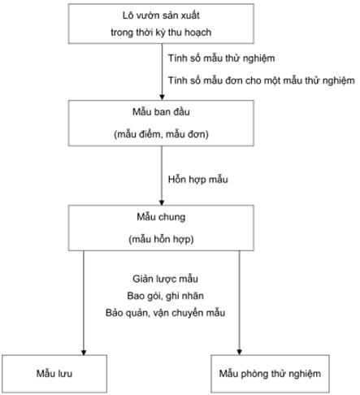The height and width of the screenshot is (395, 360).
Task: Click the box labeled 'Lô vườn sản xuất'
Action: pyautogui.click(x=161, y=24)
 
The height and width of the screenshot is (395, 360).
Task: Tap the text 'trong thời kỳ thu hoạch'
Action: pyautogui.click(x=161, y=33)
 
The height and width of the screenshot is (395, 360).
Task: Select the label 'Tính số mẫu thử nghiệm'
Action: pyautogui.click(x=221, y=59)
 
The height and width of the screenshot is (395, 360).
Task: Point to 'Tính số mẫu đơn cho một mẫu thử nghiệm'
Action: pyautogui.click(x=261, y=80)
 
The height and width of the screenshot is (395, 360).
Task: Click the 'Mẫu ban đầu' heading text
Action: pyautogui.click(x=161, y=111)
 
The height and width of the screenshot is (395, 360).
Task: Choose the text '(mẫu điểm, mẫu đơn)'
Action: pyautogui.click(x=161, y=134)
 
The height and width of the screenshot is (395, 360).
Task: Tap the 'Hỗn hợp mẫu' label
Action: pyautogui.click(x=197, y=180)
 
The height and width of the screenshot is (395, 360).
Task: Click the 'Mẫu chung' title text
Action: pyautogui.click(x=161, y=217)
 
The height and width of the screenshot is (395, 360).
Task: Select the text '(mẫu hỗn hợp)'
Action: pyautogui.click(x=161, y=239)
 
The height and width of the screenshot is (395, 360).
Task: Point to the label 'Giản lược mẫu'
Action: pyautogui.click(x=165, y=279)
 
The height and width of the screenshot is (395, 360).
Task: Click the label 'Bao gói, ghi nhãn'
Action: pyautogui.click(x=165, y=296)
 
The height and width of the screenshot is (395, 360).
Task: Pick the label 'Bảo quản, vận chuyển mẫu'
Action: pyautogui.click(x=165, y=313)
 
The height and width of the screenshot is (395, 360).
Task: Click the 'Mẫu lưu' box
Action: pyautogui.click(x=54, y=374)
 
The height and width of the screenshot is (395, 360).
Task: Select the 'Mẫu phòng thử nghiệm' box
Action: pyautogui.click(x=270, y=374)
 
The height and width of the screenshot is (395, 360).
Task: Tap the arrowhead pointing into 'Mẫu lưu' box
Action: pyautogui.click(x=84, y=352)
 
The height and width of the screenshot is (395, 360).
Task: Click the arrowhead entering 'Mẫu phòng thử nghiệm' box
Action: pyautogui.click(x=239, y=352)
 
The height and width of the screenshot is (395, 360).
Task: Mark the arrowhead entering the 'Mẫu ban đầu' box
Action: pyautogui.click(x=162, y=98)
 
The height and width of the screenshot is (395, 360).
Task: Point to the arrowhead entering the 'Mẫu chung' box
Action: pyautogui.click(x=162, y=202)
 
